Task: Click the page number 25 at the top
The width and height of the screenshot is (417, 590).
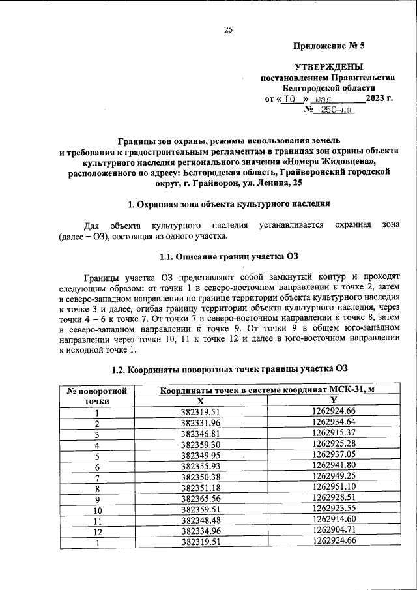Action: [x=228, y=29]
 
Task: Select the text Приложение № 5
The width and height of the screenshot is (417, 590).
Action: [x=330, y=47]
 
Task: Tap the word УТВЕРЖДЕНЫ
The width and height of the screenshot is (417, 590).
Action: [x=329, y=66]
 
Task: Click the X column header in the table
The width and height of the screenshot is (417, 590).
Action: [x=201, y=400]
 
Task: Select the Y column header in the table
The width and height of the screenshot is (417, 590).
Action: [x=334, y=400]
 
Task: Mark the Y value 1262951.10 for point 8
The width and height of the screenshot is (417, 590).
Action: [x=334, y=488]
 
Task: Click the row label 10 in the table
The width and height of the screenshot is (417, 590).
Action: [x=97, y=509]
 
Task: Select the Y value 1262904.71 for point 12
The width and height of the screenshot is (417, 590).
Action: [x=334, y=531]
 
